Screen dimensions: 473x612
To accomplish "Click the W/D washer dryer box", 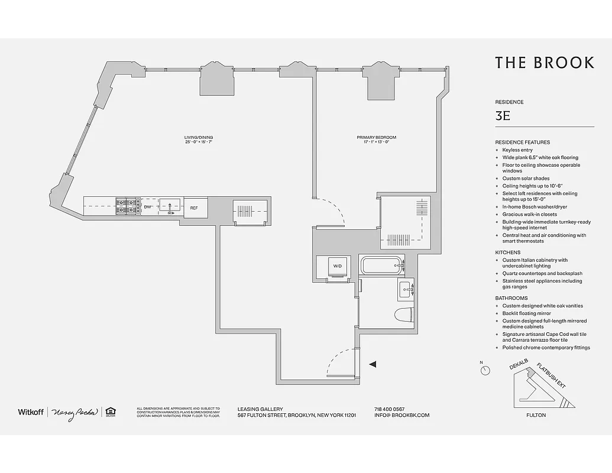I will (x=337, y=267).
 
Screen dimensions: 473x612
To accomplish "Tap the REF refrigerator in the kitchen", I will (x=195, y=208).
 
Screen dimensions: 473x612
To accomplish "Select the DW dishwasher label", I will (x=148, y=208).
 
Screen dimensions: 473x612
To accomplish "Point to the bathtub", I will (x=381, y=265).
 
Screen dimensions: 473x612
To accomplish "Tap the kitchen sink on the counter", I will (x=170, y=207).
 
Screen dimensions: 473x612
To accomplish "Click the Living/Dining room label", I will (x=197, y=140).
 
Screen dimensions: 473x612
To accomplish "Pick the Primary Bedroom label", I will (x=376, y=140).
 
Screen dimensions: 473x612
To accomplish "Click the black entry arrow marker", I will (x=372, y=365).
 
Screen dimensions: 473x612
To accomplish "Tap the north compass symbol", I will (x=485, y=370).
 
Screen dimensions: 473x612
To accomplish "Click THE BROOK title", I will (x=544, y=63).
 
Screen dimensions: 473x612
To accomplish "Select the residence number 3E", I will (x=503, y=116).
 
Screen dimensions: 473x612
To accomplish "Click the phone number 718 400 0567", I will (x=390, y=409).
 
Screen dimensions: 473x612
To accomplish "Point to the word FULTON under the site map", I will (x=536, y=415).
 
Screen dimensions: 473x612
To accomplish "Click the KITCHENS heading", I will (x=507, y=252).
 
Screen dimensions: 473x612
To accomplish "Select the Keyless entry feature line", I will (x=517, y=150).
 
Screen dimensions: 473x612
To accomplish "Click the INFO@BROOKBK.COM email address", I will (x=401, y=415).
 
